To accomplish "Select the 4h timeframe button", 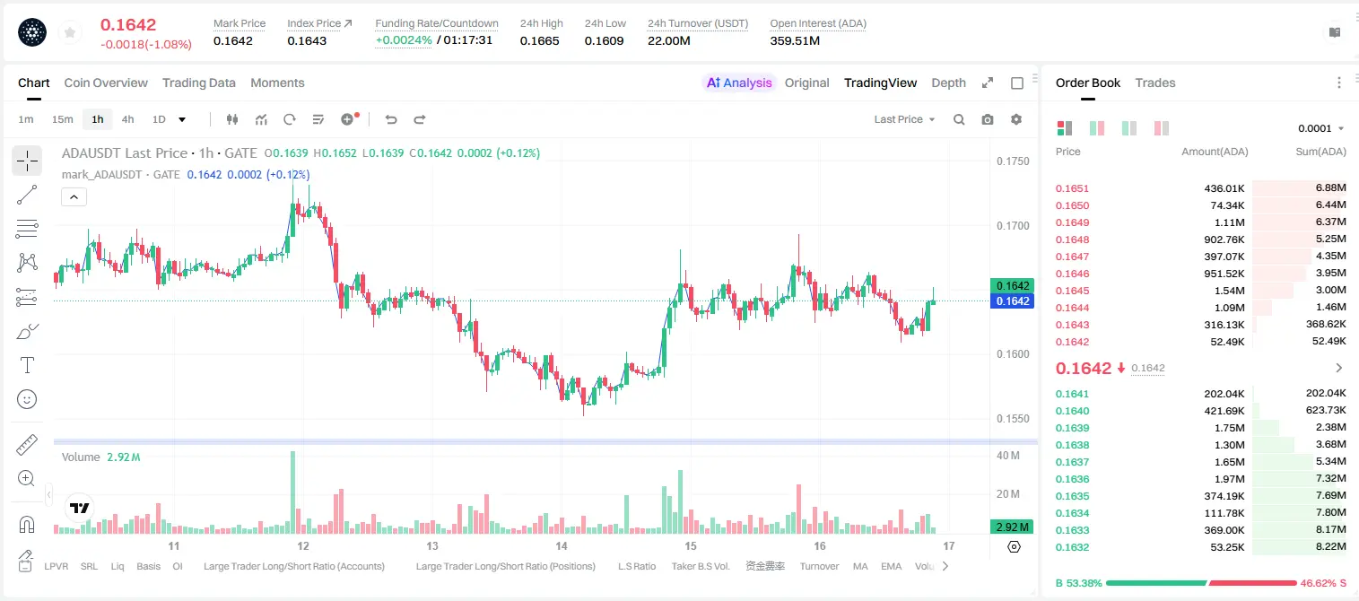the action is pyautogui.click(x=127, y=119).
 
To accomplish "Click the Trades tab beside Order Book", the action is pyautogui.click(x=1155, y=83).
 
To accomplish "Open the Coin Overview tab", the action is pyautogui.click(x=106, y=83).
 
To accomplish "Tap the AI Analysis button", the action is pyautogui.click(x=739, y=83).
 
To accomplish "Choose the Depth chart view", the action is pyautogui.click(x=948, y=83).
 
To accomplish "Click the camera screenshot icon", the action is pyautogui.click(x=988, y=119).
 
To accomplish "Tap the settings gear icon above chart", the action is pyautogui.click(x=1016, y=119).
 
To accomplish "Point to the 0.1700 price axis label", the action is pyautogui.click(x=1013, y=226).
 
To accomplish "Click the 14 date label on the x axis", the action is pyautogui.click(x=562, y=545).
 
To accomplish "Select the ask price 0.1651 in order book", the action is pyautogui.click(x=1072, y=188).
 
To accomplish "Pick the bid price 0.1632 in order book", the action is pyautogui.click(x=1072, y=547).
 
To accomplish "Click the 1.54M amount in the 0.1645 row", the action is pyautogui.click(x=1229, y=291).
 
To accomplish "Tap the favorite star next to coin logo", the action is pyautogui.click(x=70, y=32).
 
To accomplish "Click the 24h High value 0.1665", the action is pyautogui.click(x=539, y=40).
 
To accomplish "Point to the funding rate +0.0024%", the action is pyautogui.click(x=404, y=40).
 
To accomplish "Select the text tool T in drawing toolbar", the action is pyautogui.click(x=27, y=365).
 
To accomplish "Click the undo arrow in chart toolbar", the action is pyautogui.click(x=391, y=119).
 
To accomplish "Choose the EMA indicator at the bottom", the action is pyautogui.click(x=891, y=566).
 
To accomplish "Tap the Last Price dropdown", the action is pyautogui.click(x=904, y=119).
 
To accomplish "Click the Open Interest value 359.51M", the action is pyautogui.click(x=795, y=40).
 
